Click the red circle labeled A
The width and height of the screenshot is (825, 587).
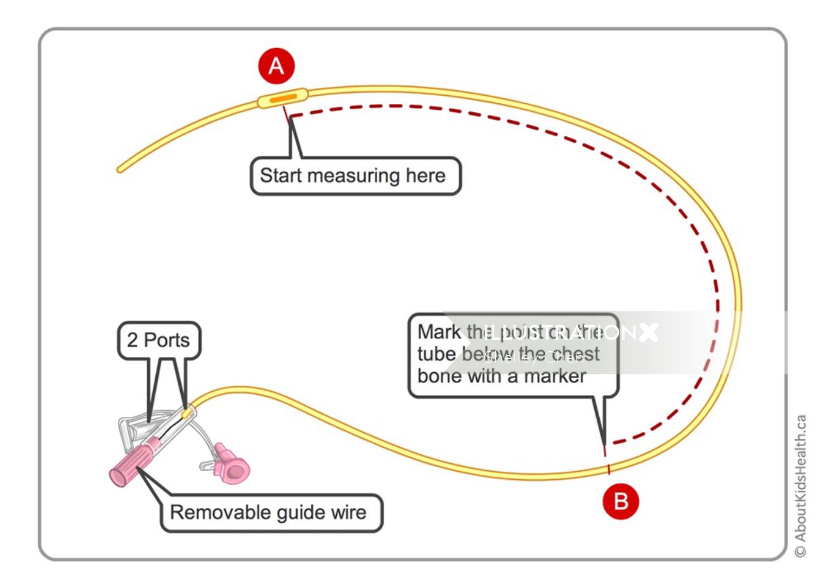276,65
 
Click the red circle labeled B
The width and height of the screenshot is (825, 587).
620,501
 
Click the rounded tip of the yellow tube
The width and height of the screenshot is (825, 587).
120,169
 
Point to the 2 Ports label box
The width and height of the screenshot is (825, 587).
158,340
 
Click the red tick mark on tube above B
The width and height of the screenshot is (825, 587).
609,470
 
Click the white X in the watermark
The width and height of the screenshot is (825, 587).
648,332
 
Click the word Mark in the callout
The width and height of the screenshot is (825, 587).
439,332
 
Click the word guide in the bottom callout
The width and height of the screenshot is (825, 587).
297,512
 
